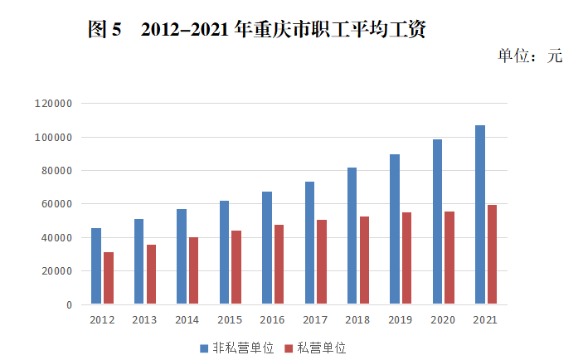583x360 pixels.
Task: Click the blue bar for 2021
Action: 480,215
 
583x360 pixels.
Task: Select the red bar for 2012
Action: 109,278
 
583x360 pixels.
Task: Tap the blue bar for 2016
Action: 267,248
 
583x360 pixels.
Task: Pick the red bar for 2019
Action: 406,258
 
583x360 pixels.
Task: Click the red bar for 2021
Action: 492,255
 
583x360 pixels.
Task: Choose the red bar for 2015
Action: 236,267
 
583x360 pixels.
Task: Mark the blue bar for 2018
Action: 352,236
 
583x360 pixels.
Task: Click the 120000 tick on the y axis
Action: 55,104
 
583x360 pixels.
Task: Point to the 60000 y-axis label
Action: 57,204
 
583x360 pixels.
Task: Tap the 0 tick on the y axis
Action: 69,304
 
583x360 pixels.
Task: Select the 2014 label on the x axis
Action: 187,319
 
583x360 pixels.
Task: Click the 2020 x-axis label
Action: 443,319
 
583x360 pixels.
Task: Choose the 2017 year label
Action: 315,319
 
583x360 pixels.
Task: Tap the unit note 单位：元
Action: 530,56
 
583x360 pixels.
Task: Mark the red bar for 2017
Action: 322,262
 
